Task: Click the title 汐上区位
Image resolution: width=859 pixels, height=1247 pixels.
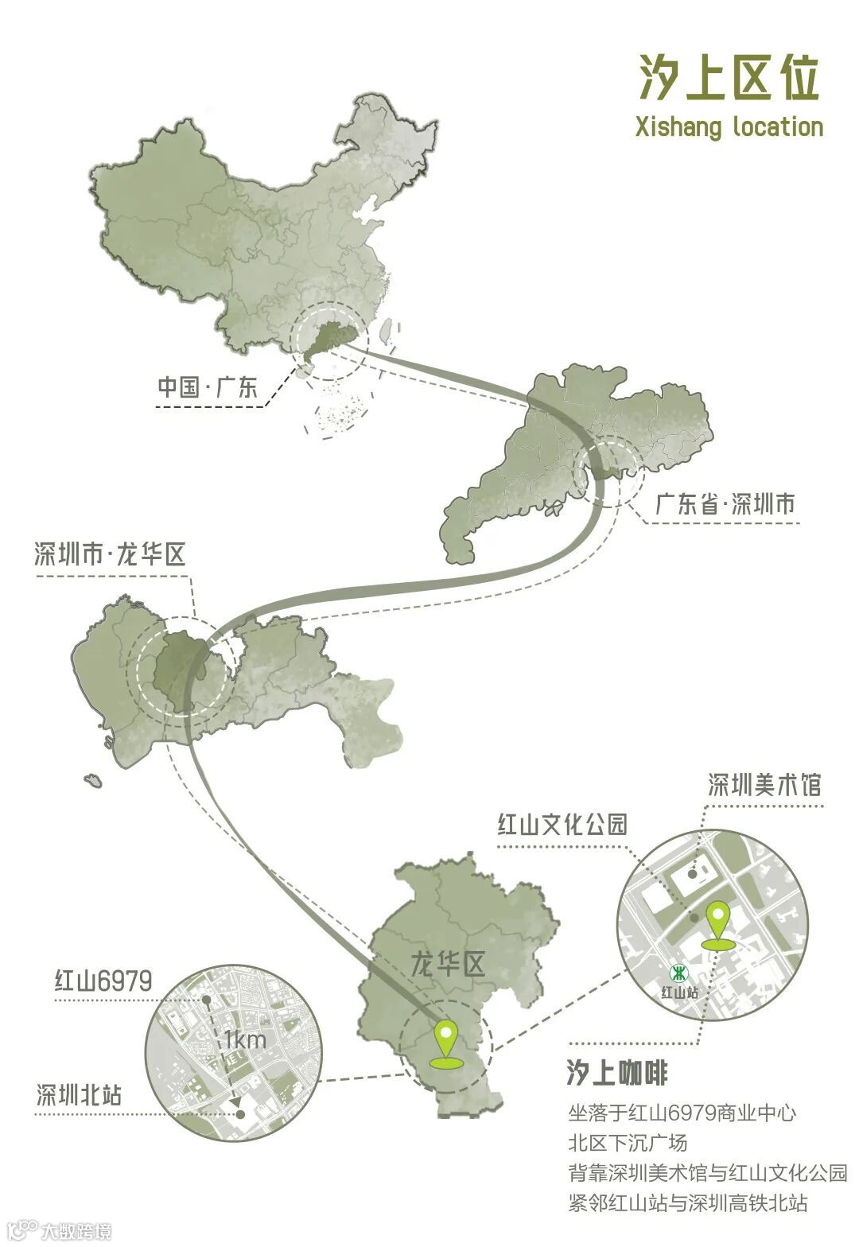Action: tap(728, 78)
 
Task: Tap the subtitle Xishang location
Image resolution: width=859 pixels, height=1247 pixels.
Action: tap(729, 127)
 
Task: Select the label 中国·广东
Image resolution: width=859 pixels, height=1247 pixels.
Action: tap(208, 387)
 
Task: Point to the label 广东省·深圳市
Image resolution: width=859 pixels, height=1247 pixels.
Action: tap(725, 504)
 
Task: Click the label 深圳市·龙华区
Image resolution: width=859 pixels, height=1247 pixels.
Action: tap(110, 554)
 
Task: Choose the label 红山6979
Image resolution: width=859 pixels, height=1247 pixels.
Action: tap(103, 981)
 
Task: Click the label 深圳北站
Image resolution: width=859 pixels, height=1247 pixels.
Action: tap(80, 1095)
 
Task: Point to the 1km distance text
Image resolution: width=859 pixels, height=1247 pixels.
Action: tap(245, 1039)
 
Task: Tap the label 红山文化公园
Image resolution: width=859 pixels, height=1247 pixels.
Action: tap(562, 824)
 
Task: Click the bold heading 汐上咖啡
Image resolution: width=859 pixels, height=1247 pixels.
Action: tap(617, 1073)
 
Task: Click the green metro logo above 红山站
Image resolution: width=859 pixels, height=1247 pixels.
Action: tap(678, 973)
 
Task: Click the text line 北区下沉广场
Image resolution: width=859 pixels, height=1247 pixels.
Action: tap(628, 1143)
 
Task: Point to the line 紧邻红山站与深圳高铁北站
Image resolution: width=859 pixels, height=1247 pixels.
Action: tap(688, 1202)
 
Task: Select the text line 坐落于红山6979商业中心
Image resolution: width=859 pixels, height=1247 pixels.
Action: tap(682, 1113)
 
